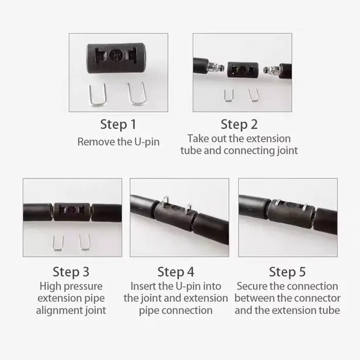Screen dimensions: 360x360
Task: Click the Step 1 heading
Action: coord(118,124)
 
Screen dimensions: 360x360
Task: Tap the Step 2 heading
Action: coord(239,124)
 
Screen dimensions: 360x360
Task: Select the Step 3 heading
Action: coord(71,272)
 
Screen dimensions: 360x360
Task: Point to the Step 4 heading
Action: coord(176,272)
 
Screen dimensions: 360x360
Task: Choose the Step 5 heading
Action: coord(287,272)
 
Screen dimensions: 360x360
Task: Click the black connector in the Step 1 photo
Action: coord(116,58)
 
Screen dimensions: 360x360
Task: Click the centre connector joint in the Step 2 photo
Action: coord(243,69)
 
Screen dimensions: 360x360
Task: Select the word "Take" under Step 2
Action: coord(195,139)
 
